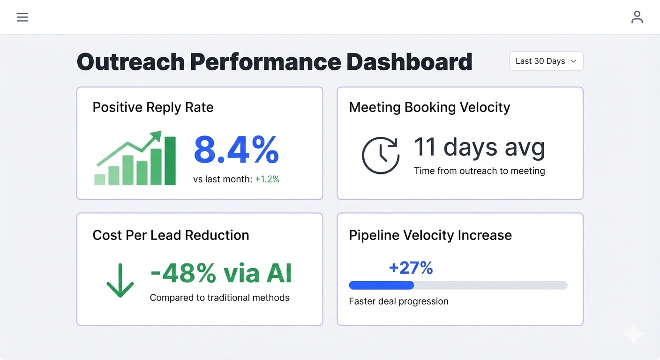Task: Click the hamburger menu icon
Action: pos(22,17)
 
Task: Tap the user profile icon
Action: pos(637,17)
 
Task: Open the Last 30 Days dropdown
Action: pos(546,61)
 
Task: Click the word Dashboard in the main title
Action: pos(409,62)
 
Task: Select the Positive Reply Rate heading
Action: pos(153,107)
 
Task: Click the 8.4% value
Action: pos(236,150)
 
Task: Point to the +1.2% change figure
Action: pos(267,179)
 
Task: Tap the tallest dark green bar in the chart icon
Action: pos(170,161)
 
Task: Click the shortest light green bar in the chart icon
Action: pos(100,180)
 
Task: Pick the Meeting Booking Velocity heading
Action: pos(429,107)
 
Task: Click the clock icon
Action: pos(381,156)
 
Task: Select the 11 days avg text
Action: pos(479,147)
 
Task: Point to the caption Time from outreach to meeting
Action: pos(479,171)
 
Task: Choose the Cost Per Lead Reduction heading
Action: pos(171,235)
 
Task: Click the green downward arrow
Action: pos(120,280)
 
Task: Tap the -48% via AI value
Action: pos(221,273)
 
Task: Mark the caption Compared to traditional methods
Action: pos(219,298)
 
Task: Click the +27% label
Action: pos(411,268)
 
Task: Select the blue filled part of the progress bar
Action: pos(381,285)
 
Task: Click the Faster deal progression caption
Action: pos(398,301)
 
